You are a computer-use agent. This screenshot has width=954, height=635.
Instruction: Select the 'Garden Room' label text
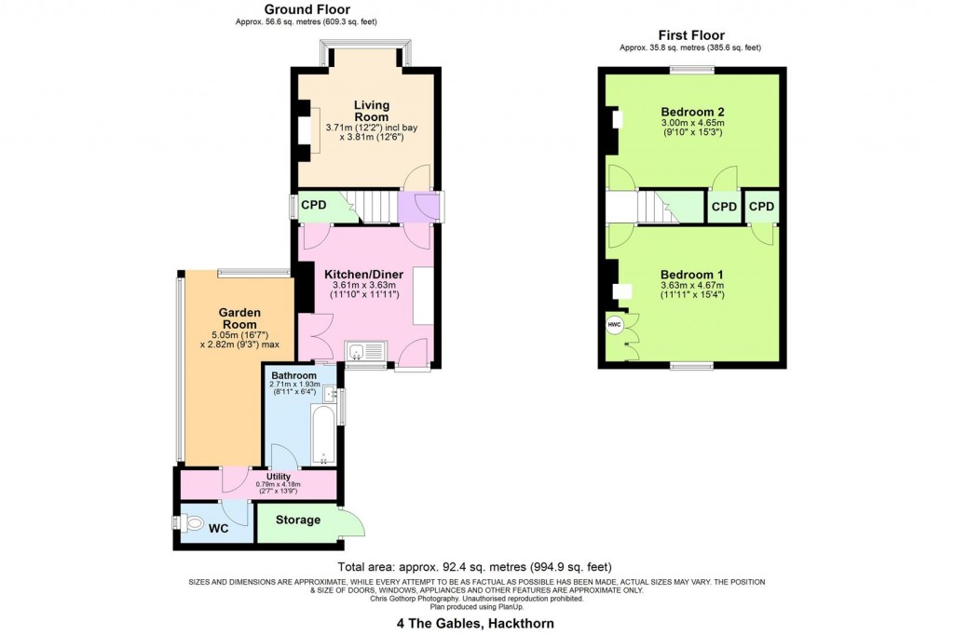(x=239, y=318)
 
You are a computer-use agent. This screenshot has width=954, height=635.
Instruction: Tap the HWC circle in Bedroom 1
(x=615, y=326)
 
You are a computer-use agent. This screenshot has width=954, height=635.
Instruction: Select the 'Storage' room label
(x=297, y=520)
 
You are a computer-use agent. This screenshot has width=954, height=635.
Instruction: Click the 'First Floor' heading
(x=690, y=35)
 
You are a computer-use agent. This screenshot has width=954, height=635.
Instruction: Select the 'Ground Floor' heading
(x=307, y=10)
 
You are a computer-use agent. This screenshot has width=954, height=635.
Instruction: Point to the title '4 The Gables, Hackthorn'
(x=475, y=624)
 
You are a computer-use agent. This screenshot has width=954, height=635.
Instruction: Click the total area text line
(x=475, y=567)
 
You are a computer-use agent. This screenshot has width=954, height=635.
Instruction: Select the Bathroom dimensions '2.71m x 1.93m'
(x=295, y=384)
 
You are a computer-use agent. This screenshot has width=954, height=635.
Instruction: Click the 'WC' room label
(x=218, y=528)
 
